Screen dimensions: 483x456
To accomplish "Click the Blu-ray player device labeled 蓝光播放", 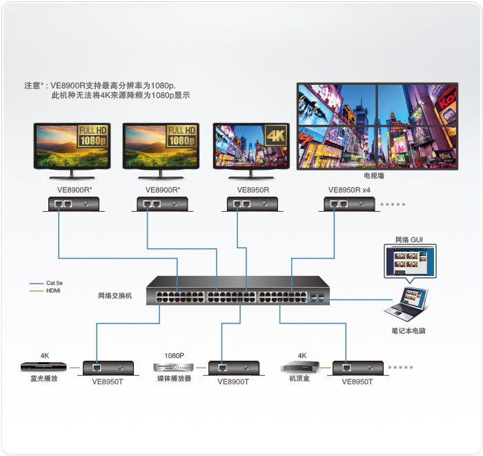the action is coord(43,366).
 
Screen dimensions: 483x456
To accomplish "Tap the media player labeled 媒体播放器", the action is coord(174,367).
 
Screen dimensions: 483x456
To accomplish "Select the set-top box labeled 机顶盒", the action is coord(300,367).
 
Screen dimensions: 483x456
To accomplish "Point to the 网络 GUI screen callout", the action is coord(410,261).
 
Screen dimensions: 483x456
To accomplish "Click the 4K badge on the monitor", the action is coord(276,135).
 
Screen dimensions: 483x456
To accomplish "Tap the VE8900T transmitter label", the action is coord(233,381).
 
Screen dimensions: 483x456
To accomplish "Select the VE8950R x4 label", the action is coord(349,190).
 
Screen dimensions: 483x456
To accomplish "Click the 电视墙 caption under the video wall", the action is coord(374,176).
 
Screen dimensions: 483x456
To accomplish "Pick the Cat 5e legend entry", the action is coord(46,283).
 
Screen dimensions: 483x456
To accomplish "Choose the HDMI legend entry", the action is coord(45,290).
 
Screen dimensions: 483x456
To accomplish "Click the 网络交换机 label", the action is coord(115,295).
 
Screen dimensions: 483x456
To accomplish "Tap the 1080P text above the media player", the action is coord(175,355).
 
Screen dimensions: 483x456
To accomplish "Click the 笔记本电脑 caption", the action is coord(408,331).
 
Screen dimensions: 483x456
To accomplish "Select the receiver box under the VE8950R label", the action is coord(253,204).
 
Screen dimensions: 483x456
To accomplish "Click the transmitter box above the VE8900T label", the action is coord(234,368).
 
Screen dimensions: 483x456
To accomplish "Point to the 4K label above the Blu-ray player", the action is coord(45,355).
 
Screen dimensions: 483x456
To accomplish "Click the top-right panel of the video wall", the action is coord(417,105).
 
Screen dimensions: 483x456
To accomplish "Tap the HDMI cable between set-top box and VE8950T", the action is coord(326,368).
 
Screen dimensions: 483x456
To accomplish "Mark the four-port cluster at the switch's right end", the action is coord(317,297).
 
